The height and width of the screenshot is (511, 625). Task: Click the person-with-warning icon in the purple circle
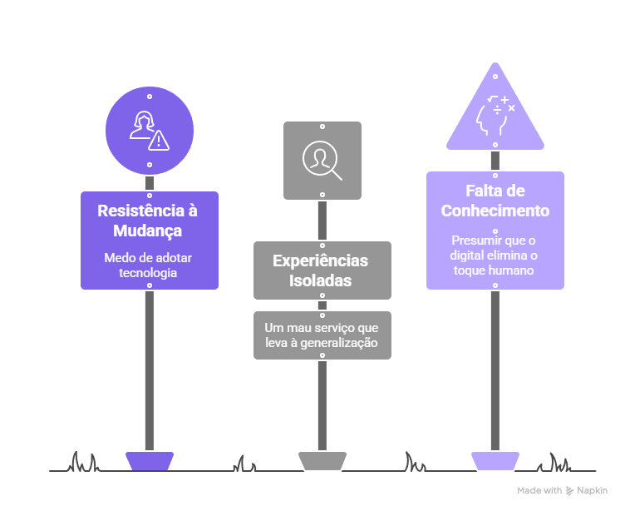tap(149, 131)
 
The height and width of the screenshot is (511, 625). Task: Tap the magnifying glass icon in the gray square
tap(322, 161)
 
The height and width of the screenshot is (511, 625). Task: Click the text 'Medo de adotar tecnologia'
tap(149, 265)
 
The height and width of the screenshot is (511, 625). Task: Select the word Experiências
tap(322, 260)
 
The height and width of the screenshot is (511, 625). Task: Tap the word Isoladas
tap(322, 280)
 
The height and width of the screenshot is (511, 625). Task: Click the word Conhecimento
tap(495, 211)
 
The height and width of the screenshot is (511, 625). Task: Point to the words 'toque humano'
tap(495, 270)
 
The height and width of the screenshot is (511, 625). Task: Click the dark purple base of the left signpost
tap(150, 461)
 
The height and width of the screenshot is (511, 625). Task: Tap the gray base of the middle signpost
tap(322, 461)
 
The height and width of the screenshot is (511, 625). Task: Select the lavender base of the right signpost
tap(495, 461)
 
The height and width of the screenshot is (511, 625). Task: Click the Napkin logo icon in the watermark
tap(570, 491)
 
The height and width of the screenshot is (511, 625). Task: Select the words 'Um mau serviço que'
tap(322, 329)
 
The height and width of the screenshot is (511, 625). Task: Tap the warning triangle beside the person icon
tap(158, 140)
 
